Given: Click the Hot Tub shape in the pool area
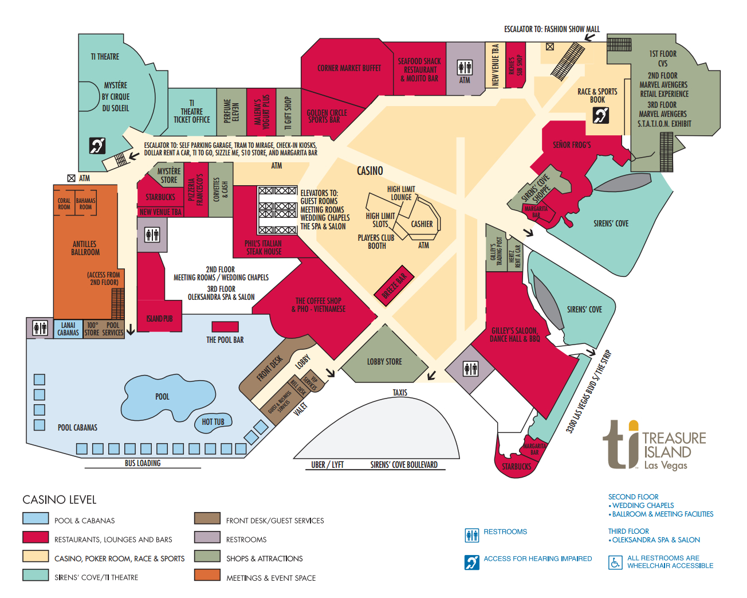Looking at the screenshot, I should pyautogui.click(x=213, y=422).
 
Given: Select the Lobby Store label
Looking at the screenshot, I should pyautogui.click(x=384, y=362).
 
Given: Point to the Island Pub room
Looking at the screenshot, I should pyautogui.click(x=159, y=318).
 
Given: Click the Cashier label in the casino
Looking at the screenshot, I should pyautogui.click(x=422, y=224).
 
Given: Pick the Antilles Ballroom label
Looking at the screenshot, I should pyautogui.click(x=85, y=248).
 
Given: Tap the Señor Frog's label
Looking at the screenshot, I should pyautogui.click(x=572, y=145).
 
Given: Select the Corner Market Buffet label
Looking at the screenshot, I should pyautogui.click(x=349, y=68).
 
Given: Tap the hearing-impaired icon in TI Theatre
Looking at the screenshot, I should pyautogui.click(x=97, y=146).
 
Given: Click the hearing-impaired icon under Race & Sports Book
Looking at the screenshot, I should pyautogui.click(x=600, y=116).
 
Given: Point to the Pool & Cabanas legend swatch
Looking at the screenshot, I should pyautogui.click(x=36, y=518).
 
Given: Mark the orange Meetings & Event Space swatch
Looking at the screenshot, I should pyautogui.click(x=207, y=574).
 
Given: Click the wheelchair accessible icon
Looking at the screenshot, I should pyautogui.click(x=615, y=562).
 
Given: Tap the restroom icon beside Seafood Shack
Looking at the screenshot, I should pyautogui.click(x=465, y=67).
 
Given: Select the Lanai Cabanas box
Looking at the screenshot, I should pyautogui.click(x=68, y=329).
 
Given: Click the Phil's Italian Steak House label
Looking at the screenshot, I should pyautogui.click(x=264, y=248).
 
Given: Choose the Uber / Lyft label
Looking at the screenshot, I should pyautogui.click(x=328, y=465).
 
